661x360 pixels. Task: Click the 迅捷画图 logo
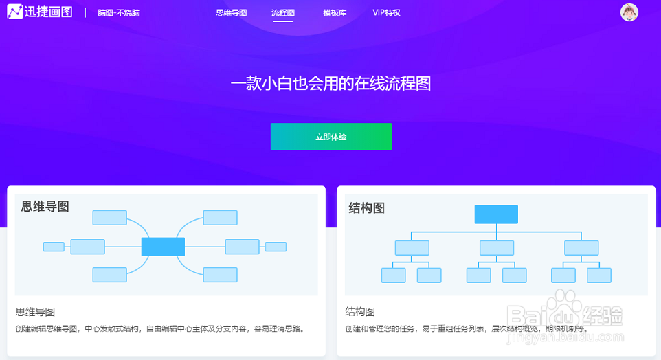point(39,12)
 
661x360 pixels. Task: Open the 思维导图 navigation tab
point(231,12)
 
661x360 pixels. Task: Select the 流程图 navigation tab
point(283,12)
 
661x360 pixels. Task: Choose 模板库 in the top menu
point(335,12)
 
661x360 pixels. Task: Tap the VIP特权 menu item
point(386,12)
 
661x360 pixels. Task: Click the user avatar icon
point(629,12)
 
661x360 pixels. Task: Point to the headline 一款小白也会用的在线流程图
point(330,84)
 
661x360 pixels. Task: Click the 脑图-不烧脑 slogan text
point(118,12)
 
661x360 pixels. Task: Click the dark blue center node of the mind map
point(163,247)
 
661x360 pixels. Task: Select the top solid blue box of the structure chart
point(496,214)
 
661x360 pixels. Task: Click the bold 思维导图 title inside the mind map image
point(45,206)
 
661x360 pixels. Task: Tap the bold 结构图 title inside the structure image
point(366,207)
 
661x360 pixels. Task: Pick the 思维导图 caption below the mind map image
point(35,312)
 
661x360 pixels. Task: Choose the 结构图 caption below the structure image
point(360,312)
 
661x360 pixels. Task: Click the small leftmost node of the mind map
point(54,247)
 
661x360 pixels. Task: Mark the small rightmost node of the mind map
point(276,247)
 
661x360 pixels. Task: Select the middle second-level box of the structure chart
point(497,247)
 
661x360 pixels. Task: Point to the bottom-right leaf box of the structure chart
point(598,275)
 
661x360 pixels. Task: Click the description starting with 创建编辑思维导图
point(159,328)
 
